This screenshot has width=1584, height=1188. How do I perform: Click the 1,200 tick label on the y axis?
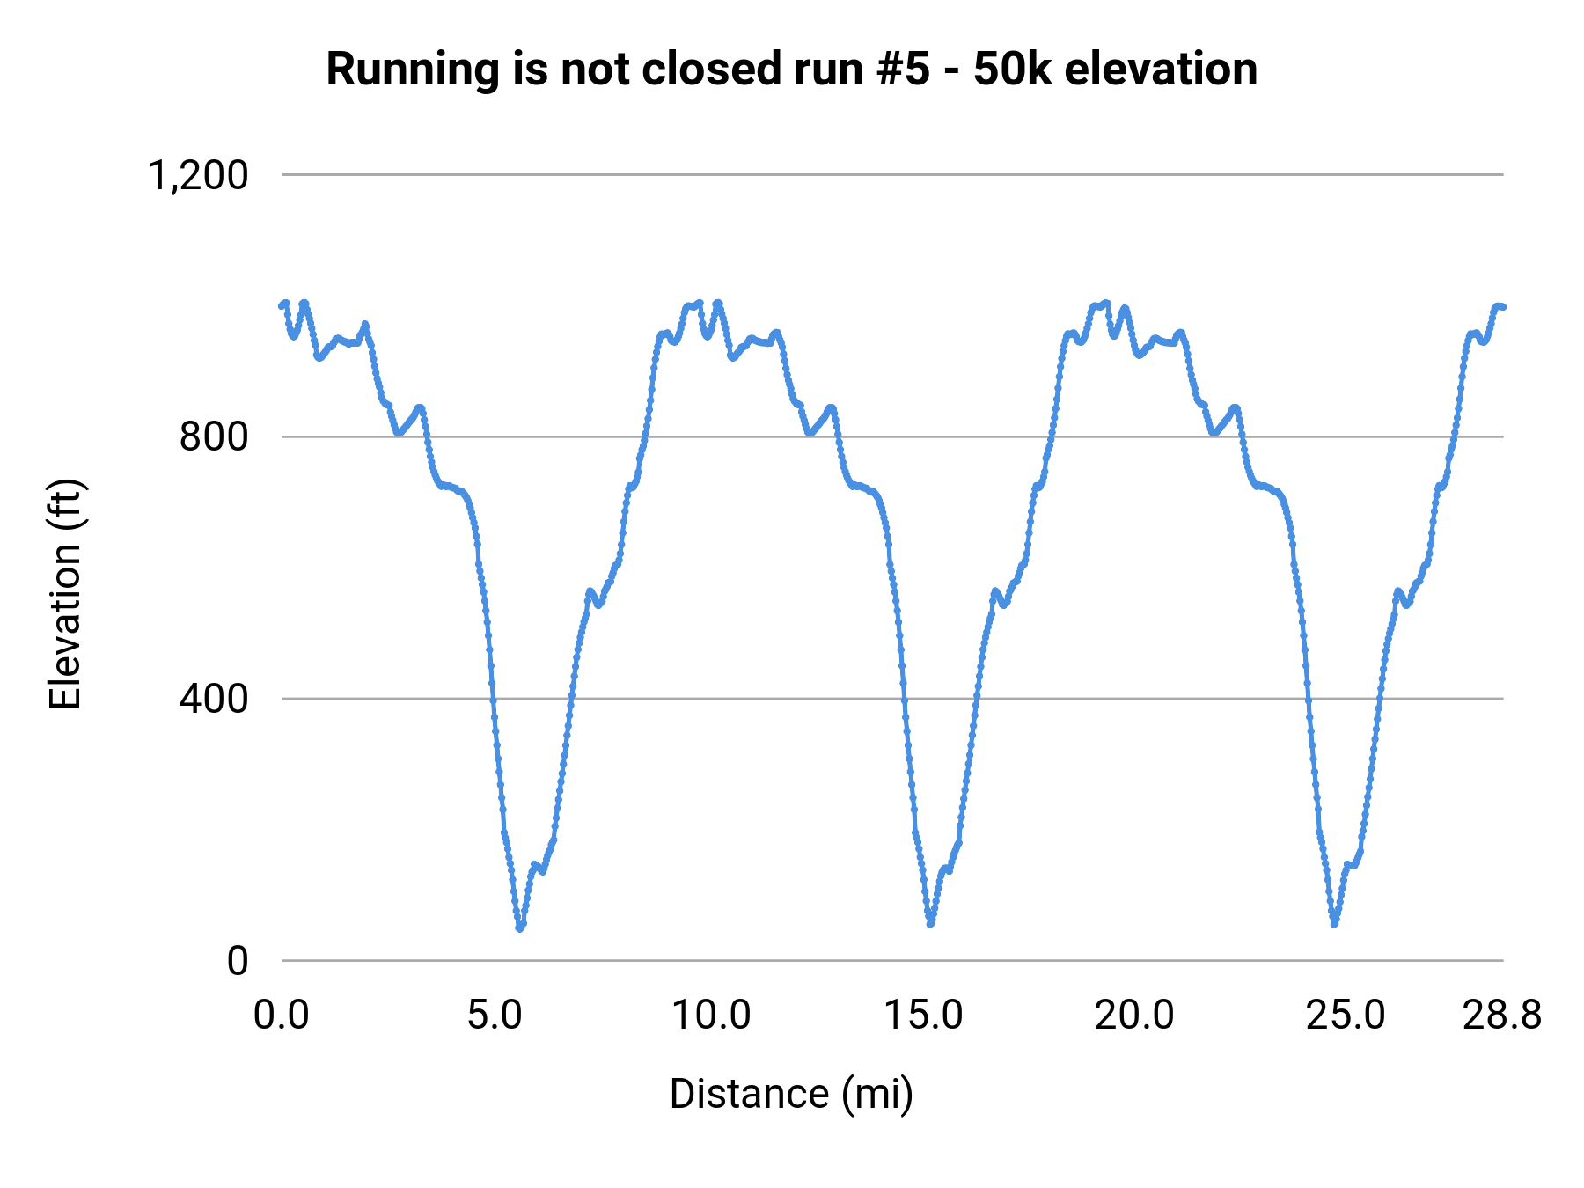[x=198, y=175]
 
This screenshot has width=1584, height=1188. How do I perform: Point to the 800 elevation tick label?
[x=214, y=436]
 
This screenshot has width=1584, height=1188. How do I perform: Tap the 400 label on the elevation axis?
[x=214, y=699]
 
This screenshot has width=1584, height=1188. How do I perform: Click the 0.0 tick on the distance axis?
[x=282, y=1016]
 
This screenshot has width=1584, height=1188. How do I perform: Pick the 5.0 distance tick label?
[x=495, y=1016]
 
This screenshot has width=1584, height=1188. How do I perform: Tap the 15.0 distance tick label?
[x=923, y=1016]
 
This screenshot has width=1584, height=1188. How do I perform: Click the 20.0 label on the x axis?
[x=1133, y=1016]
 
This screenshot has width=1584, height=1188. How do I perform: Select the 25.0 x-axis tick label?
[x=1345, y=1016]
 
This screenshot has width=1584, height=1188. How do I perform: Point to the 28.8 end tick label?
[x=1502, y=1016]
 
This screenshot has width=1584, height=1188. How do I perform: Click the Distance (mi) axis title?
[x=791, y=1094]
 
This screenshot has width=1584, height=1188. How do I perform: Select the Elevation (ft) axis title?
[x=65, y=594]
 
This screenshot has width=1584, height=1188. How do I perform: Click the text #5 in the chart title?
[x=903, y=69]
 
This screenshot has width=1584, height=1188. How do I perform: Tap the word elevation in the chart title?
[x=1161, y=69]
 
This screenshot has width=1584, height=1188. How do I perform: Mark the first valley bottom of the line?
[x=520, y=928]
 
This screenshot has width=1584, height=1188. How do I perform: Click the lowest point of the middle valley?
[x=930, y=923]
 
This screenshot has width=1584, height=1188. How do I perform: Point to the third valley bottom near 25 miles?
[x=1335, y=923]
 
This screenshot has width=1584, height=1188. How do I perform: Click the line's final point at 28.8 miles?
[x=1503, y=306]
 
